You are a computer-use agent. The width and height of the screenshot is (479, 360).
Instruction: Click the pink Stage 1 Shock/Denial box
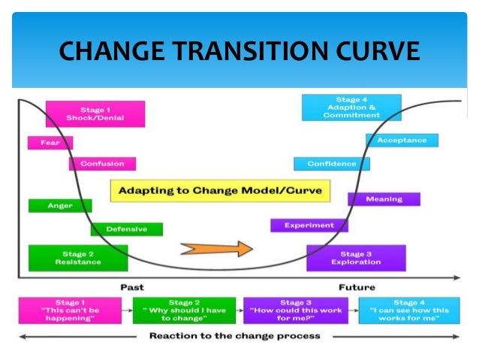95,114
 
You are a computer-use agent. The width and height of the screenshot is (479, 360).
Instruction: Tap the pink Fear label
50,143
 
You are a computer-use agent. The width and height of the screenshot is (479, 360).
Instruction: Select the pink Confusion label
102,164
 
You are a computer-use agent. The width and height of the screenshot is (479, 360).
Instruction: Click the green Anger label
60,205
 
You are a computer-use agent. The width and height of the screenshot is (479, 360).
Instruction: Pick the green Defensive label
126,229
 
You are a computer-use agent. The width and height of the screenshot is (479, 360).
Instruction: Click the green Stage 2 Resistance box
78,258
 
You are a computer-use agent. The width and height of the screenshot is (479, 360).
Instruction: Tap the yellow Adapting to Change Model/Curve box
220,190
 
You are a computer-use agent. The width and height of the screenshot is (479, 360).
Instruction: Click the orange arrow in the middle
214,248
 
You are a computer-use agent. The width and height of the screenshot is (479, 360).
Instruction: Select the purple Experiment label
309,225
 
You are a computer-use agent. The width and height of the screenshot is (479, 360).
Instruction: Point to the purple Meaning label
384,199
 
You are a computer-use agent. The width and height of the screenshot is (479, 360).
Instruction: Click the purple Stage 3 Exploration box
356,258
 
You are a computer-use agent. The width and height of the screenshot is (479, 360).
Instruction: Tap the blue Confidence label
331,164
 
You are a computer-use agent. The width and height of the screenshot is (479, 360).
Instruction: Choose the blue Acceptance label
402,141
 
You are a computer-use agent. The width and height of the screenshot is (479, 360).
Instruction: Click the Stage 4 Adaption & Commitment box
351,107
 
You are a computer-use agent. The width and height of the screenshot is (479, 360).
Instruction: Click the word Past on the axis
133,287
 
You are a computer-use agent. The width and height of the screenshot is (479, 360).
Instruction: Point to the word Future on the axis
357,287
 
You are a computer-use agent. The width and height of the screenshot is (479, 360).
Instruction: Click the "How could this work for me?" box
296,310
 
